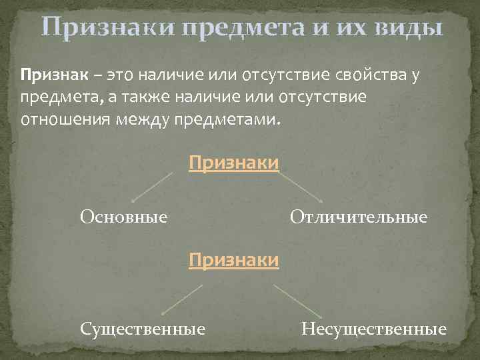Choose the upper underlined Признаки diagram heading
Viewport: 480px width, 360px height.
click(233, 163)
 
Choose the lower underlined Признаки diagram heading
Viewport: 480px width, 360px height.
click(233, 259)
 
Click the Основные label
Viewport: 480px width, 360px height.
click(123, 217)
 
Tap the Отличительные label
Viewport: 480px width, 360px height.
click(358, 217)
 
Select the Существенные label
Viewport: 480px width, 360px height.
click(142, 329)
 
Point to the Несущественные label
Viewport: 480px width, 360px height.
click(373, 329)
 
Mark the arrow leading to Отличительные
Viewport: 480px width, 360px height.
click(301, 187)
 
